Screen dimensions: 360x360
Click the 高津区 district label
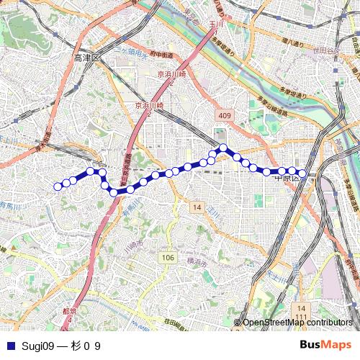coord(89,57)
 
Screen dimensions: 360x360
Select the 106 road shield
coord(167,258)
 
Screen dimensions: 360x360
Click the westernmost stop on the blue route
coord(58,186)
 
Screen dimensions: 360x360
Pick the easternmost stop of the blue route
coord(303,174)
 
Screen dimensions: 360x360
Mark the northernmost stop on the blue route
coord(223,148)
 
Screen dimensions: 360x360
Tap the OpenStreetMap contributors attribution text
coord(297,323)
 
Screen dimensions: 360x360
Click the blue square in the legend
coord(9,346)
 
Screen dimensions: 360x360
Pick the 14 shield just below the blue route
coord(197,207)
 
